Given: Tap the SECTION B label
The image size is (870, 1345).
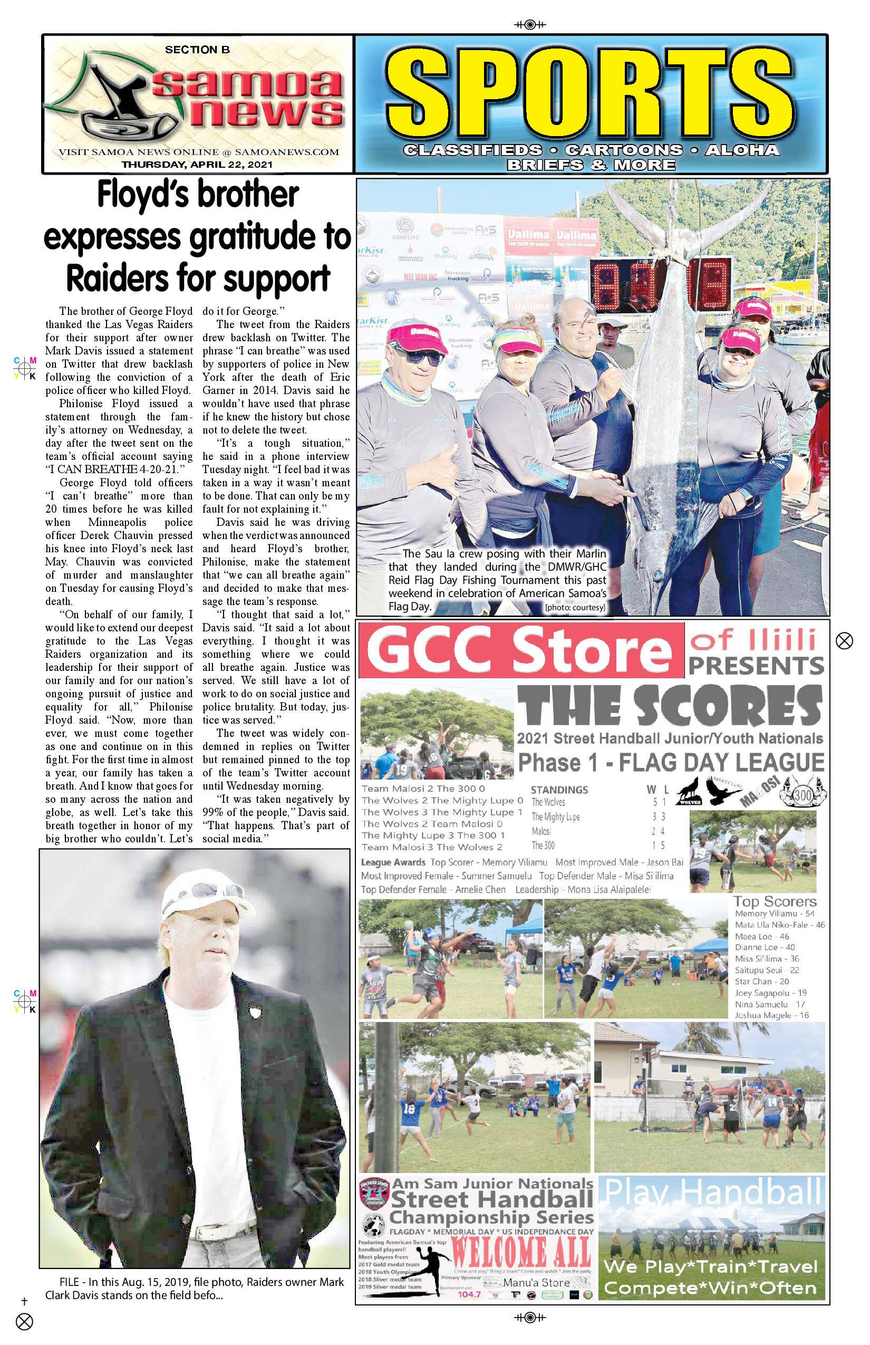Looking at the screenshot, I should coord(197,50).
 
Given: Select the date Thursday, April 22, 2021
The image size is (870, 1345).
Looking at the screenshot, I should coord(197,165).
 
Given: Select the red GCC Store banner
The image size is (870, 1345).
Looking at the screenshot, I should coord(521,650).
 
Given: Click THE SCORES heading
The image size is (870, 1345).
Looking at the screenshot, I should coord(670,706).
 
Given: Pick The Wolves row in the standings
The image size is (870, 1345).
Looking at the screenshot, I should coord(599,802).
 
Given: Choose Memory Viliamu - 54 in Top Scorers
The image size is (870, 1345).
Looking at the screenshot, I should coord(774,914).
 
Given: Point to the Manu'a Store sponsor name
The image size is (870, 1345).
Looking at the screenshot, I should coord(536,1283).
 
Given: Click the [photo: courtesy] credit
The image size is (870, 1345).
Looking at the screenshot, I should coord(575,608).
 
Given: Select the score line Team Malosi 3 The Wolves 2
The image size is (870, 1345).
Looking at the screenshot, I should coord(432,847).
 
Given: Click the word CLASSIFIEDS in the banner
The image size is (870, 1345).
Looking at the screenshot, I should coord(472,150).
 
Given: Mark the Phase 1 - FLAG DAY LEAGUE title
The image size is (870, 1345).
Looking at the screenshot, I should coord(671,762).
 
